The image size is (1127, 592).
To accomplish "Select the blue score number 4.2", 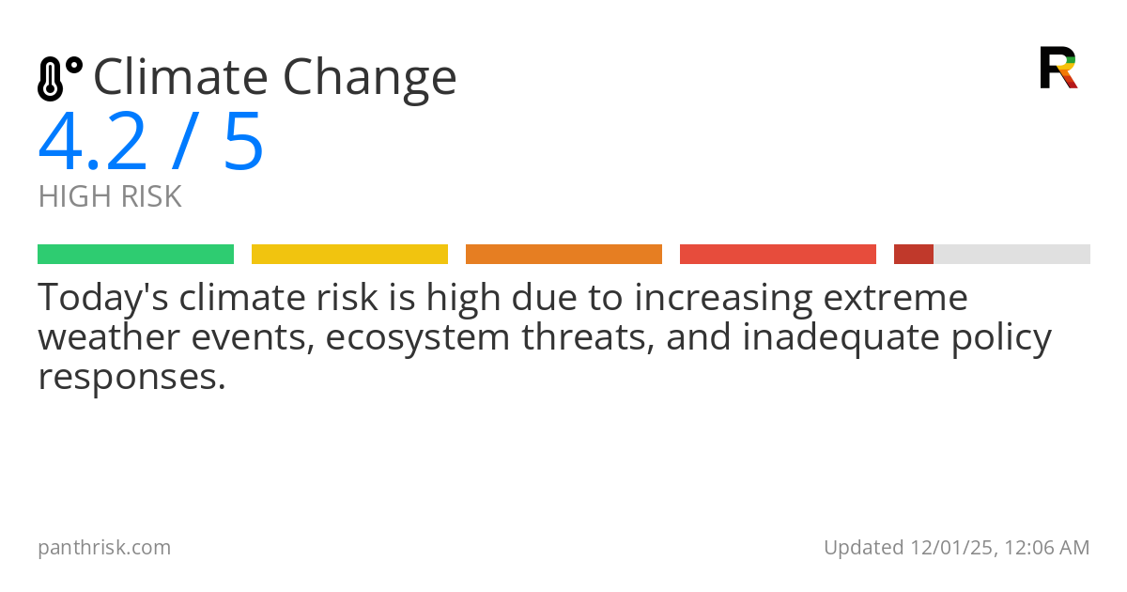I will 93,143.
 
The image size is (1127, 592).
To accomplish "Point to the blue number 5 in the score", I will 243,143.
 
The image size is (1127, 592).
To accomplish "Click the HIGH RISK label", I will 110,197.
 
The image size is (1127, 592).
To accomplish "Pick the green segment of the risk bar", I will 135,255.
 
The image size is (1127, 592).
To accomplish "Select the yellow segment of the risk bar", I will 349,255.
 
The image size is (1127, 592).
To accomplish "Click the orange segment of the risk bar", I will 563,255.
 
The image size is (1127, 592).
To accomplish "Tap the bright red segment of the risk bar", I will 778,255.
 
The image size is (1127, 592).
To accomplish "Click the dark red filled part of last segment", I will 913,255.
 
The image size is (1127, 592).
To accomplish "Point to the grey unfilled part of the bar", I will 1011,255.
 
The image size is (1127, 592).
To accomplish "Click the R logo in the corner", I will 1058,68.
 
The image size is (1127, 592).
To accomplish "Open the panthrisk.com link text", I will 104,547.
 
